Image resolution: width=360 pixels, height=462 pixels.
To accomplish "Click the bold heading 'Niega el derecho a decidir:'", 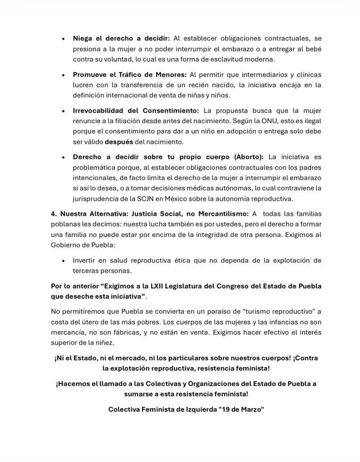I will (x=121, y=38).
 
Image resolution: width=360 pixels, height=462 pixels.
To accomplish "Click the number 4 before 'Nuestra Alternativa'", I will (x=53, y=213).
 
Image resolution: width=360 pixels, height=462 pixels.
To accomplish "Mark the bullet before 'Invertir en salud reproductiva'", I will (x=63, y=261).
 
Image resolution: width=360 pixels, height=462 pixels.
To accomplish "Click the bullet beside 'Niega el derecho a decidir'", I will (x=63, y=39).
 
